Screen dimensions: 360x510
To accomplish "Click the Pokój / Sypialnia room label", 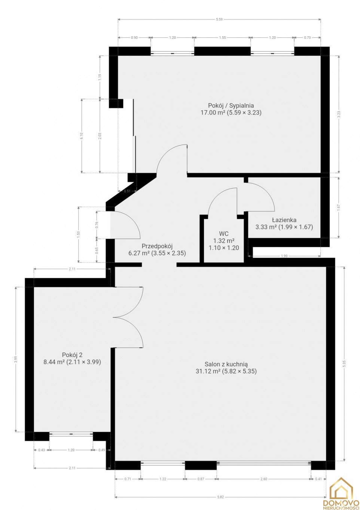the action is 231,105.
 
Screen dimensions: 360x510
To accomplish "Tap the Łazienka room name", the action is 284,220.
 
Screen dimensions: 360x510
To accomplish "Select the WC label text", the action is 223,234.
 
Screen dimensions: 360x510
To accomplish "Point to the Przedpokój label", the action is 157,246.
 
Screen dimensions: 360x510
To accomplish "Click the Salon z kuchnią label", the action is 226,364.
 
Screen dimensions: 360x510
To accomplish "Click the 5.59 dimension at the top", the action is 219,19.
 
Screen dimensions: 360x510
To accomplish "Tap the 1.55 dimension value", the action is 222,37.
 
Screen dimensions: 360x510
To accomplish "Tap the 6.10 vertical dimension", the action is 82,136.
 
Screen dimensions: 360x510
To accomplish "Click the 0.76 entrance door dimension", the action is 97,225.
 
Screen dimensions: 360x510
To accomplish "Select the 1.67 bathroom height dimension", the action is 338,207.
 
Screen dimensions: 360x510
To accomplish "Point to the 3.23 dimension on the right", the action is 339,114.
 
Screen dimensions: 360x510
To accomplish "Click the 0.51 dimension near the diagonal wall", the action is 127,191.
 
